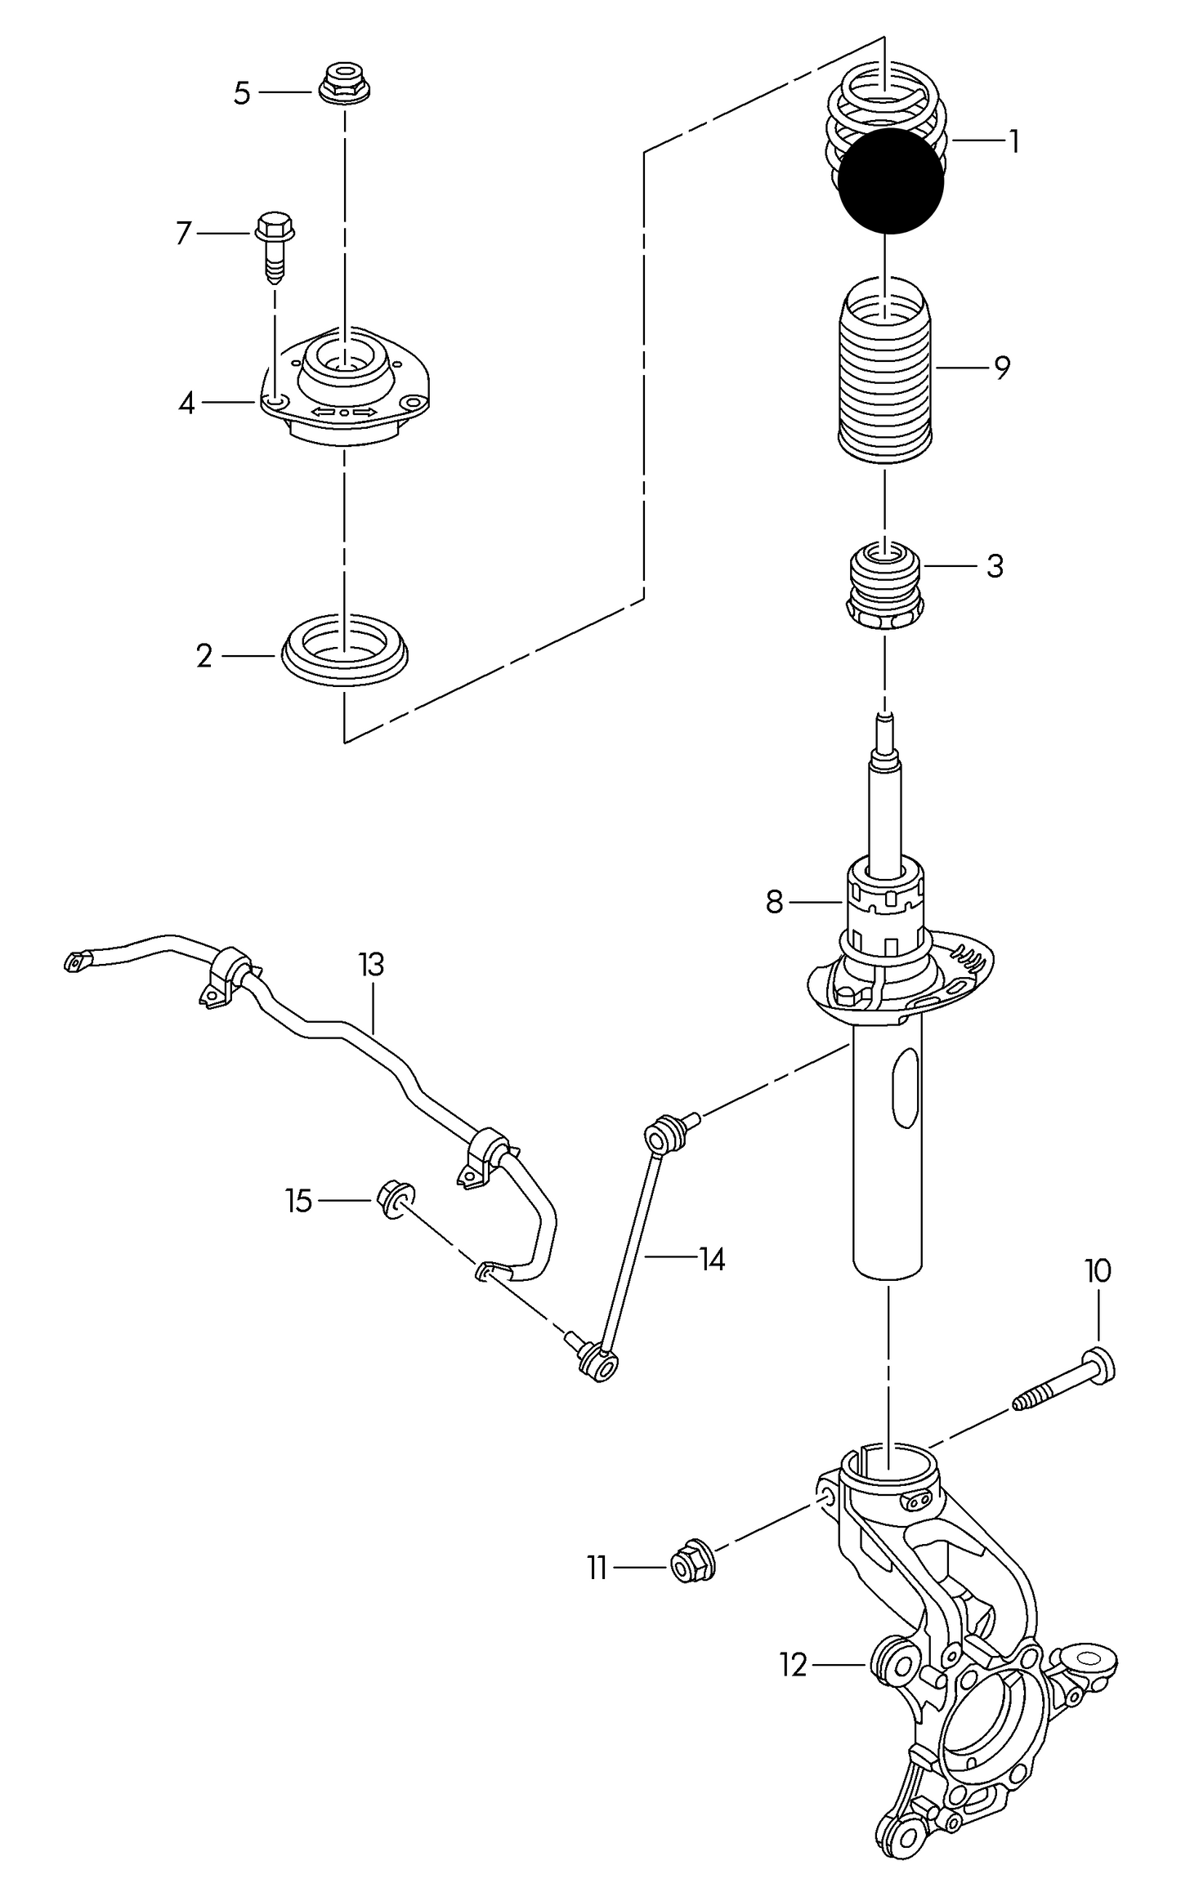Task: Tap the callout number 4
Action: point(187,402)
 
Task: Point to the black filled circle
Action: point(891,181)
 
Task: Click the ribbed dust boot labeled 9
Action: point(886,373)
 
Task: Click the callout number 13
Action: point(371,965)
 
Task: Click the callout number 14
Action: point(712,1260)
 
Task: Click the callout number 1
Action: point(1014,142)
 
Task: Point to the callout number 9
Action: point(1003,368)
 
